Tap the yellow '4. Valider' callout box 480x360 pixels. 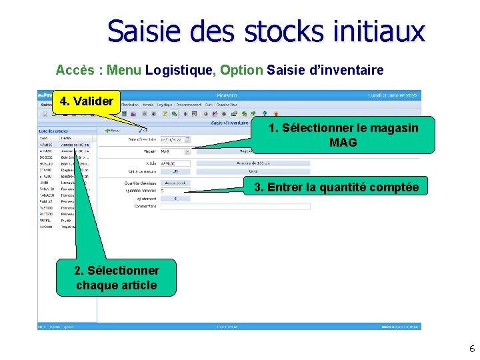click(86, 102)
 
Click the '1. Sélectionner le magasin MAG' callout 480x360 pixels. click(343, 135)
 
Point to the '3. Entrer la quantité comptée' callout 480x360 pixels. click(336, 187)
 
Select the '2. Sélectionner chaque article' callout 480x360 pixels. click(116, 278)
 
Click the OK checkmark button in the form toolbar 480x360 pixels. click(143, 131)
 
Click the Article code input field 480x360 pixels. click(175, 163)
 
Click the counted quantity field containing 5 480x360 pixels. click(175, 190)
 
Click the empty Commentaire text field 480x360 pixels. click(235, 207)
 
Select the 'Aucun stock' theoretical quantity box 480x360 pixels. click(175, 182)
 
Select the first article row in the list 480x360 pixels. click(65, 138)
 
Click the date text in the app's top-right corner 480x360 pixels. click(393, 95)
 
